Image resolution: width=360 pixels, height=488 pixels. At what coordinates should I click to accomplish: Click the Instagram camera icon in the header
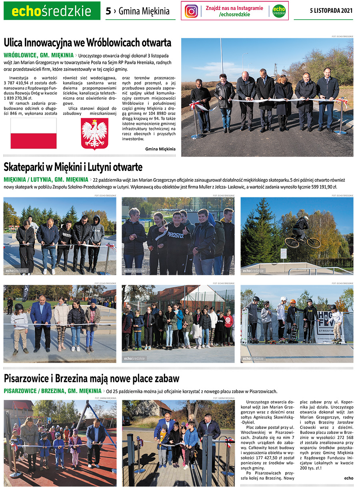click(192, 11)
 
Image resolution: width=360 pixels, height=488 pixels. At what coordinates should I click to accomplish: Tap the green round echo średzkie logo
click(279, 11)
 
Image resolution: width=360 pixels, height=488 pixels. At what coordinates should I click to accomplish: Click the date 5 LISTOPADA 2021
click(331, 11)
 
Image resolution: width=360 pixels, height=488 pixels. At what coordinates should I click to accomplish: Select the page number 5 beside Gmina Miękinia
click(108, 11)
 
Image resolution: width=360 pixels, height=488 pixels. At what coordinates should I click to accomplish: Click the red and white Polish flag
click(33, 133)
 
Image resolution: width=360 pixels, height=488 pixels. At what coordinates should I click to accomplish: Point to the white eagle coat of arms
click(94, 134)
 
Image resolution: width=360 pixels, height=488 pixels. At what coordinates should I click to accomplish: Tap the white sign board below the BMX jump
click(284, 253)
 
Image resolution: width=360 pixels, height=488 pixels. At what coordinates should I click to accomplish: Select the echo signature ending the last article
click(348, 478)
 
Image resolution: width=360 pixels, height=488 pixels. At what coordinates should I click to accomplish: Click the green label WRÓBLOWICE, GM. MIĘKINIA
click(38, 55)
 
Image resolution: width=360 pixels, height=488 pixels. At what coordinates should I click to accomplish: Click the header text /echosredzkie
click(234, 14)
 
